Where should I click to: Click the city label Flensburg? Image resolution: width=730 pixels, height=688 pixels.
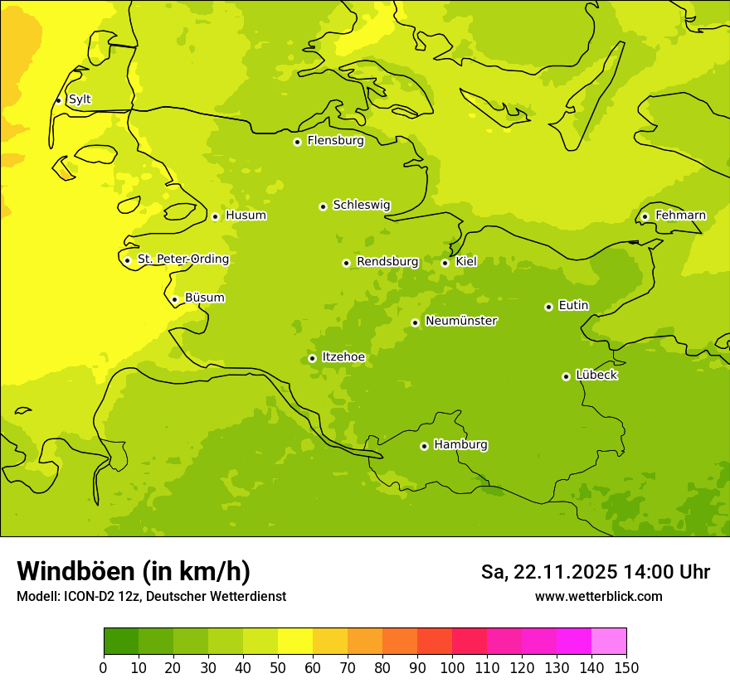pyautogui.click(x=335, y=141)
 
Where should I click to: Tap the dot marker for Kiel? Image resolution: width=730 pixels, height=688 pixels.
pyautogui.click(x=445, y=263)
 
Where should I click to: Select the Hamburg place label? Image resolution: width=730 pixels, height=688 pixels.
pyautogui.click(x=460, y=445)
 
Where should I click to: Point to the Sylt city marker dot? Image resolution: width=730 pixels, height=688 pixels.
pyautogui.click(x=58, y=100)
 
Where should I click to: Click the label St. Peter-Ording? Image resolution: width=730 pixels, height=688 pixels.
pyautogui.click(x=182, y=259)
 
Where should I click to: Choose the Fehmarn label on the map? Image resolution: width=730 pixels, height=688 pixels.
pyautogui.click(x=680, y=216)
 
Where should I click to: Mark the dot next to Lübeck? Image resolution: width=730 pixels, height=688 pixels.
pyautogui.click(x=567, y=376)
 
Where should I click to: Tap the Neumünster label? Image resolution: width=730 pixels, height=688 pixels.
pyautogui.click(x=460, y=321)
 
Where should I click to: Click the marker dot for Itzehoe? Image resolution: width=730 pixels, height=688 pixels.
pyautogui.click(x=312, y=359)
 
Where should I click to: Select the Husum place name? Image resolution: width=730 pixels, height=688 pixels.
pyautogui.click(x=246, y=216)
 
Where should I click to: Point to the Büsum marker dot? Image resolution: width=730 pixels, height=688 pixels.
pyautogui.click(x=174, y=300)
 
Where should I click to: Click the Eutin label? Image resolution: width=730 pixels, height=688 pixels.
pyautogui.click(x=573, y=306)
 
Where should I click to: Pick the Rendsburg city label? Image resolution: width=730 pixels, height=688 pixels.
pyautogui.click(x=387, y=262)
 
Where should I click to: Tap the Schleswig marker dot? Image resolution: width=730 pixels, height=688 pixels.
pyautogui.click(x=323, y=206)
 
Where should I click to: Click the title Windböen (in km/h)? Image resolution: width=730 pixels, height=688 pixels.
pyautogui.click(x=134, y=571)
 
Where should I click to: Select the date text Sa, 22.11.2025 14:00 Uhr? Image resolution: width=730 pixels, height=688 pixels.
pyautogui.click(x=595, y=572)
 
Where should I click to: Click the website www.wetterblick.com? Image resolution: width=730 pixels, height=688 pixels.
pyautogui.click(x=598, y=596)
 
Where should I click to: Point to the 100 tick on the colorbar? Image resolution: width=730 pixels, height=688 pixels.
pyautogui.click(x=452, y=667)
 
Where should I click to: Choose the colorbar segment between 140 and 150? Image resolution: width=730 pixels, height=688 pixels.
pyautogui.click(x=609, y=642)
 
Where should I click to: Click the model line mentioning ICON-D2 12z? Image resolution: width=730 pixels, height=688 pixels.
pyautogui.click(x=151, y=596)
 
